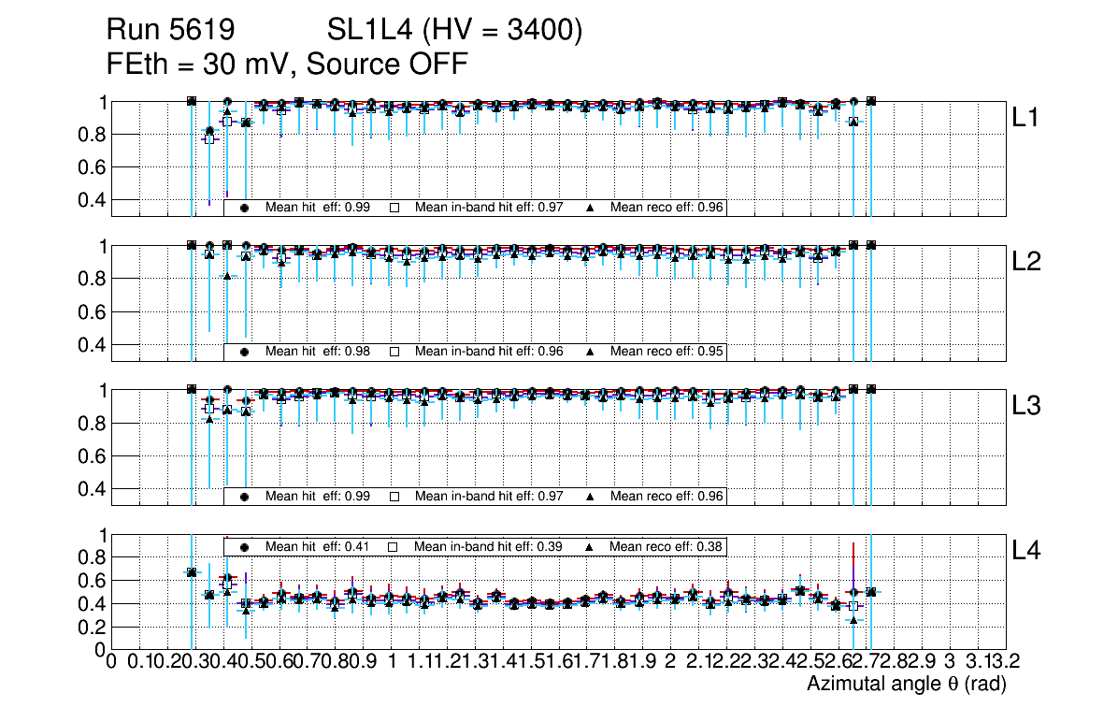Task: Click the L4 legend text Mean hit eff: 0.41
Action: (x=318, y=546)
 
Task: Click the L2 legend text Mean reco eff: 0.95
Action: (x=667, y=352)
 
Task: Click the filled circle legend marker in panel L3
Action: (x=244, y=496)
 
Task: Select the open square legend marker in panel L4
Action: (x=394, y=546)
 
